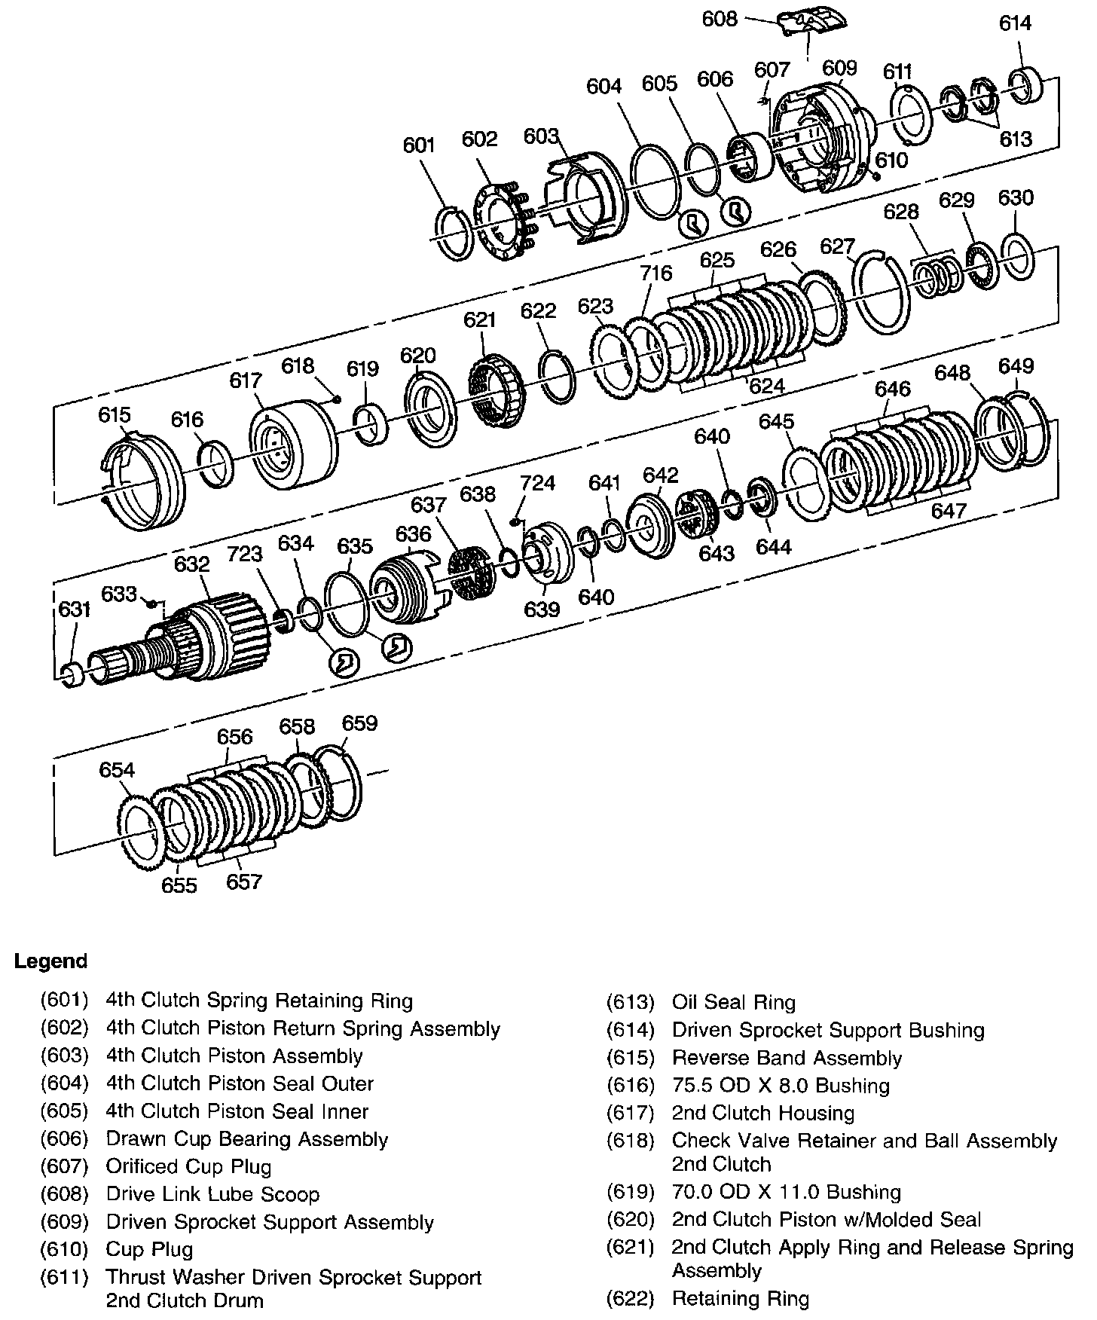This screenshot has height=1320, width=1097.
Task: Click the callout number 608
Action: [719, 18]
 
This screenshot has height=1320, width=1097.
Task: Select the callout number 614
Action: [1014, 23]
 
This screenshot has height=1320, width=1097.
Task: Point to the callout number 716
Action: [655, 272]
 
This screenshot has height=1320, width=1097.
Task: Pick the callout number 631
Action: [74, 609]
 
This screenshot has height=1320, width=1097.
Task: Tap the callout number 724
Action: [537, 483]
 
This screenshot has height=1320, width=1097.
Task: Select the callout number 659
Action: [359, 723]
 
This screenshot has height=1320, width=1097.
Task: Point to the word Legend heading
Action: [51, 961]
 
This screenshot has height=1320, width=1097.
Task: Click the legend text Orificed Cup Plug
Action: [188, 1167]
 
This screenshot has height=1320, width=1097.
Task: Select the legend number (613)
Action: [630, 1003]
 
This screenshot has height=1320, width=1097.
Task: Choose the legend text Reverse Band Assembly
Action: [787, 1059]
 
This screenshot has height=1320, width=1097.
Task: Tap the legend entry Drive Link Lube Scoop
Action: [212, 1195]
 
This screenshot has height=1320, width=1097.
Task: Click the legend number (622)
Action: [630, 1299]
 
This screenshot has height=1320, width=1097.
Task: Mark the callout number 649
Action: [1015, 365]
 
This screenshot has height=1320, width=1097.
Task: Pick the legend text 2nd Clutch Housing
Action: [762, 1114]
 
